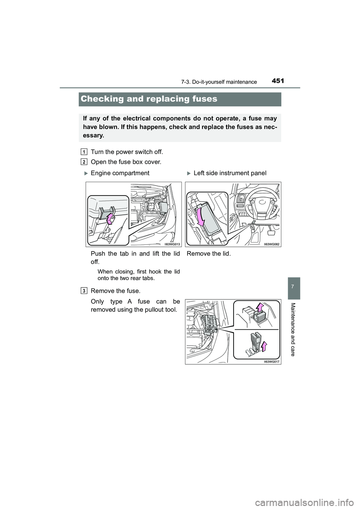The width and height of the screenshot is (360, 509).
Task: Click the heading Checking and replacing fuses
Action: click(149, 99)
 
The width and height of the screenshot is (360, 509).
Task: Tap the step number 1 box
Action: click(84, 152)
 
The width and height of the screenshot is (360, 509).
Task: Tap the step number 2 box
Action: click(84, 162)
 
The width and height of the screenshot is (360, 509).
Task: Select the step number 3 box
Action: click(84, 291)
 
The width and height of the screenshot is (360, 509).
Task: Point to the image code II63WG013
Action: click(172, 244)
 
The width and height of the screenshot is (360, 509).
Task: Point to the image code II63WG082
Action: click(272, 244)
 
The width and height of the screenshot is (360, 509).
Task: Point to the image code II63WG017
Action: click(272, 362)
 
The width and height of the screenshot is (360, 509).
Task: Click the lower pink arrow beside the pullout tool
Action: click(264, 346)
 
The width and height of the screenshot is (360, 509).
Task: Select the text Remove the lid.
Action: click(209, 253)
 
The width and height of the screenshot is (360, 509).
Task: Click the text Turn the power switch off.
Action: click(127, 152)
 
